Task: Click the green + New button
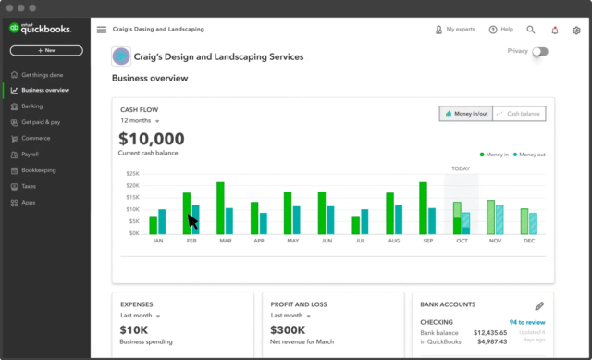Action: (46, 50)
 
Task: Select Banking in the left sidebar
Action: (32, 106)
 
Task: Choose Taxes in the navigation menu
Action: (31, 186)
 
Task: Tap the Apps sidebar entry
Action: (29, 202)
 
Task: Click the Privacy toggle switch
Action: (539, 52)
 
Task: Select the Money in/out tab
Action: (466, 114)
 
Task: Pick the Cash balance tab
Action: (519, 114)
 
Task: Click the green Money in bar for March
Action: (220, 207)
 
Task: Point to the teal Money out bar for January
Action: (162, 221)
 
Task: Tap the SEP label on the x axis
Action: (427, 241)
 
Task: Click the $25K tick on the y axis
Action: (133, 173)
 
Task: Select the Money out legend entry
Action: (529, 154)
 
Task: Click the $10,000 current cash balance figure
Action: (152, 139)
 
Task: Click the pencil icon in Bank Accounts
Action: (539, 305)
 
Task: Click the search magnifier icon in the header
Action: (531, 30)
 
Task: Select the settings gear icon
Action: (576, 30)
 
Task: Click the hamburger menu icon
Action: (102, 30)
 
